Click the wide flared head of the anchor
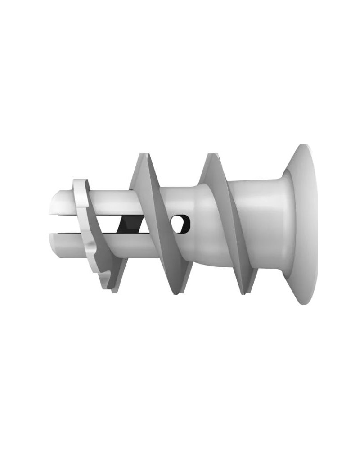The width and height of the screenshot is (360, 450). pos(299,224)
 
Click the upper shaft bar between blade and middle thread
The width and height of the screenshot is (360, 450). pos(112,205)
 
